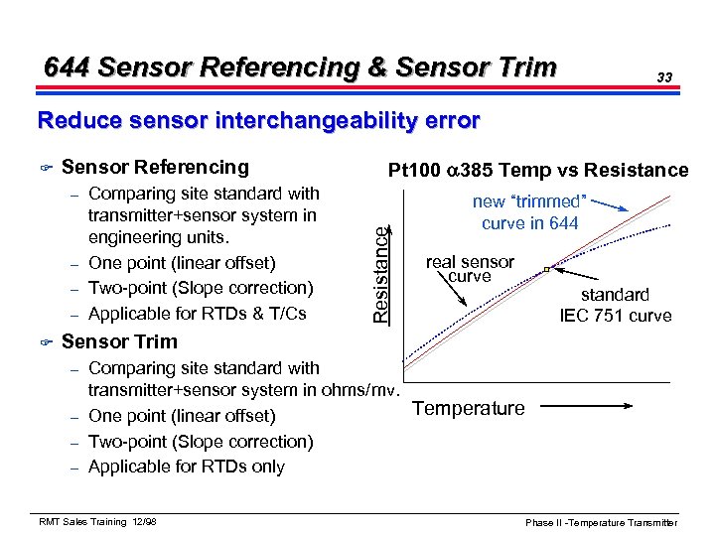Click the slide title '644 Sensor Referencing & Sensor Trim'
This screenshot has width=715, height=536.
(301, 67)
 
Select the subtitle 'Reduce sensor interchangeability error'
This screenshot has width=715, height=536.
(258, 121)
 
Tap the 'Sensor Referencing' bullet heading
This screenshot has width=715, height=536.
(155, 167)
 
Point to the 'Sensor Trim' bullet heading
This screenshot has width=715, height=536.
(119, 341)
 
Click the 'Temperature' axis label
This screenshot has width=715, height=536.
(468, 408)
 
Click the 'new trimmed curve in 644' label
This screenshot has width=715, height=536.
(529, 212)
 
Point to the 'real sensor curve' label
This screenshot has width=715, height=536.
(470, 269)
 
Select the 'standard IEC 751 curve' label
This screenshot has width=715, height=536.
(616, 306)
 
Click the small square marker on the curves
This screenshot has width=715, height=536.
(547, 269)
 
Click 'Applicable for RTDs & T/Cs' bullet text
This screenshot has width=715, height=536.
(197, 314)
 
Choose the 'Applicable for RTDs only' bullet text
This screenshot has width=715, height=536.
(186, 467)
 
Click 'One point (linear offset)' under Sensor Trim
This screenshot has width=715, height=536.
(182, 416)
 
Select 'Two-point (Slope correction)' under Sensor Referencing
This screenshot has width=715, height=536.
(201, 288)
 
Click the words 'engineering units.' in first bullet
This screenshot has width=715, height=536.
(159, 238)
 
